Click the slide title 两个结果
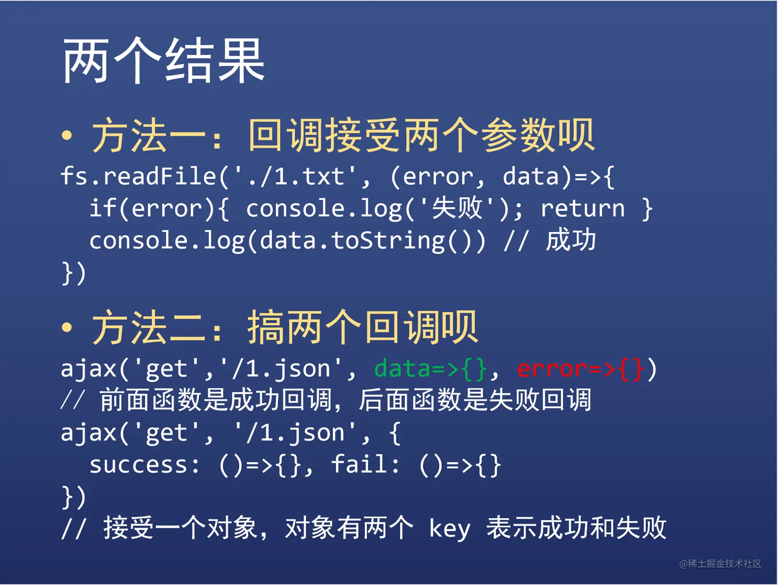164,60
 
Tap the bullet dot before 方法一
67,135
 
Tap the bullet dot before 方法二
67,327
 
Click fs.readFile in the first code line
138,176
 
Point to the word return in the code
582,208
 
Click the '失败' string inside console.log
457,208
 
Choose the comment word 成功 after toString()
571,240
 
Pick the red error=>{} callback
580,369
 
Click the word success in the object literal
138,465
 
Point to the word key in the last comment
449,529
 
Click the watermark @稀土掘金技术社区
720,563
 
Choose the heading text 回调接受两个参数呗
421,135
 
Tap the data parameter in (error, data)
531,176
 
